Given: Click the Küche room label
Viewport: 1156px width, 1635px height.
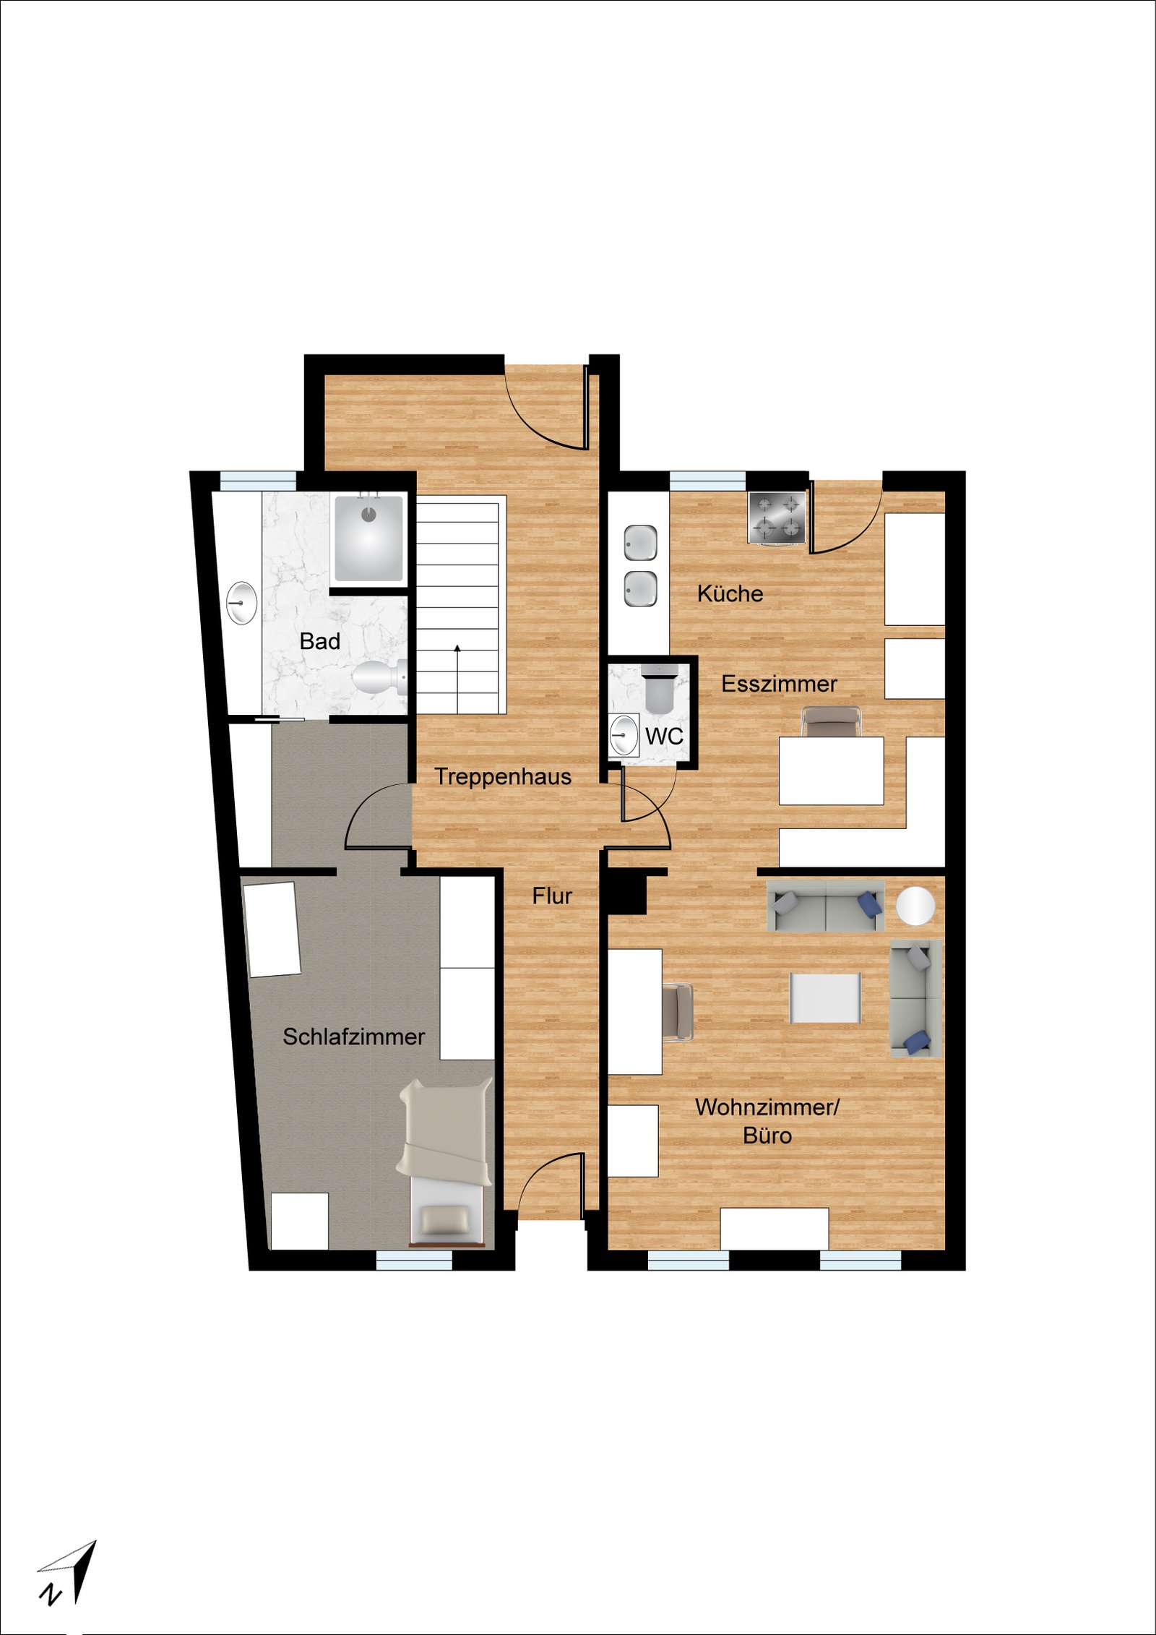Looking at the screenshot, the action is (730, 593).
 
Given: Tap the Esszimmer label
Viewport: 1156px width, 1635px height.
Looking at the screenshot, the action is (779, 684).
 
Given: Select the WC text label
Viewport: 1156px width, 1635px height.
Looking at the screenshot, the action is (664, 737).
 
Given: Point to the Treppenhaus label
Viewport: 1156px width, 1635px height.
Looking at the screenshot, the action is (503, 777).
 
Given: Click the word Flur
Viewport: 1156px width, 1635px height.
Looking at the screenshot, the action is (552, 896).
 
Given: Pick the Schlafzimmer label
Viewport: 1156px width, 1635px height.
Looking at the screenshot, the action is (353, 1037).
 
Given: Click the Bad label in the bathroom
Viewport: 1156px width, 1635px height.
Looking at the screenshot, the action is (319, 641).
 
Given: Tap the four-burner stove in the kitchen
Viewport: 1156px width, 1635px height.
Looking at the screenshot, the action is (777, 518).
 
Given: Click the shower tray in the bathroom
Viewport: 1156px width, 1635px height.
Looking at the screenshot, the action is (368, 538).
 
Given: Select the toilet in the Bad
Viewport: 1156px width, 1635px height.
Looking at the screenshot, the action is (379, 678).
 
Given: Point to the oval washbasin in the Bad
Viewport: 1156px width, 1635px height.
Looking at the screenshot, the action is (241, 602).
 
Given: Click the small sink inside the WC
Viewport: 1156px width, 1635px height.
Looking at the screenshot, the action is (624, 735).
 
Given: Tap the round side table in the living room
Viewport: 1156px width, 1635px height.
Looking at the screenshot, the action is (915, 905).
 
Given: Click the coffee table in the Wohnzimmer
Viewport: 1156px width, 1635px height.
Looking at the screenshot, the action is (825, 997).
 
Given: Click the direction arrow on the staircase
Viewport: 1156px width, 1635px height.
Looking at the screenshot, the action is (457, 677).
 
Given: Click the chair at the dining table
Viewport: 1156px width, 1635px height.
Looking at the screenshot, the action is (831, 721).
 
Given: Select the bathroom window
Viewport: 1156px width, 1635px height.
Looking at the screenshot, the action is (258, 481).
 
